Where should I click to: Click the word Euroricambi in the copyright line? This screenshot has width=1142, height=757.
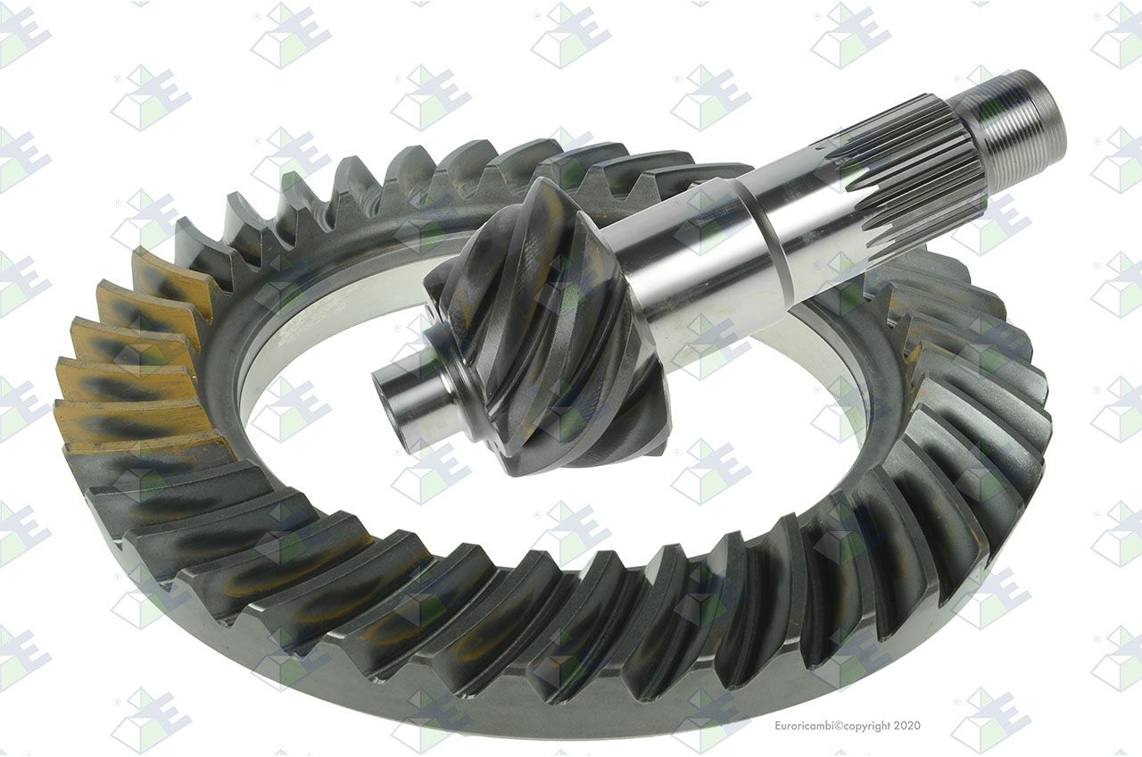coord(806,726)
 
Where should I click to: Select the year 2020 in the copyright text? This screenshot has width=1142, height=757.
coord(907,726)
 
